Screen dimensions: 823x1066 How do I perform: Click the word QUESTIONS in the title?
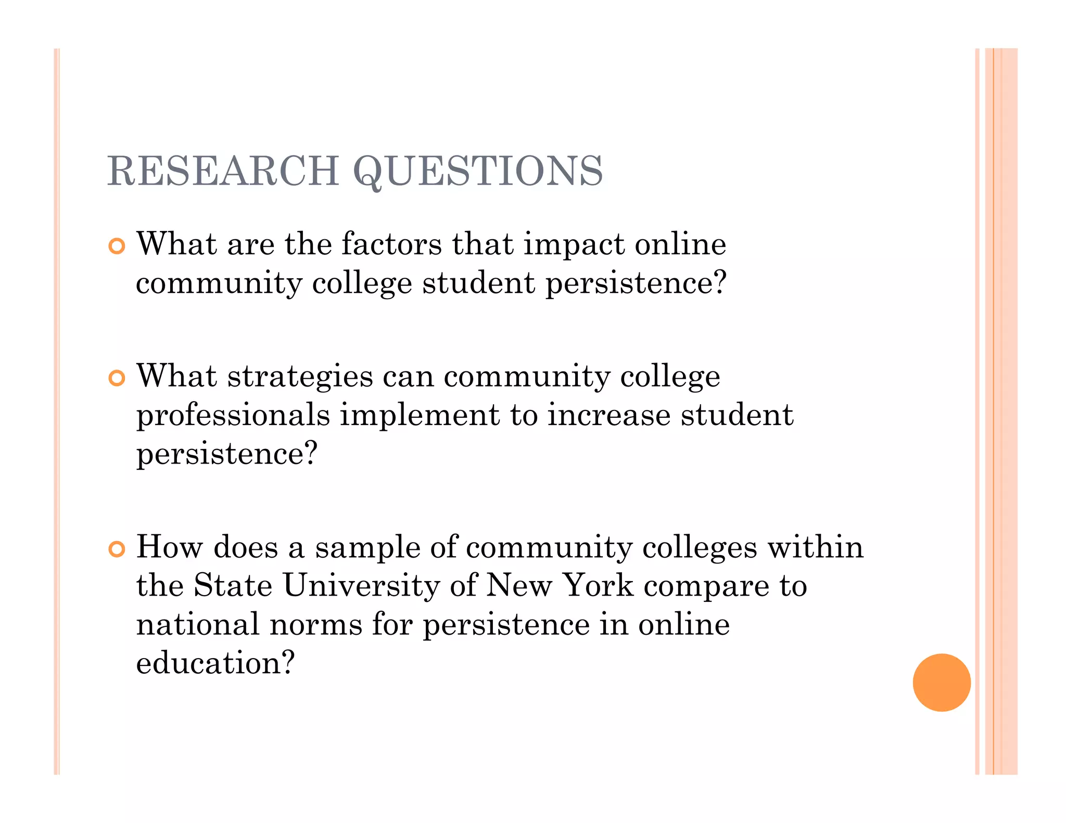(478, 172)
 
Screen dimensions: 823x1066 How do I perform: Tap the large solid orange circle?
(941, 682)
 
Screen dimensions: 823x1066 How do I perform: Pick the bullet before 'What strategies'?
(117, 378)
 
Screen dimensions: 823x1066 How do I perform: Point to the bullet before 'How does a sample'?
(117, 549)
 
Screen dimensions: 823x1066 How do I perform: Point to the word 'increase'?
(608, 415)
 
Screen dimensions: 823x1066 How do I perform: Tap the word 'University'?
(362, 586)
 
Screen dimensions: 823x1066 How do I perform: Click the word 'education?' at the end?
(215, 663)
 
